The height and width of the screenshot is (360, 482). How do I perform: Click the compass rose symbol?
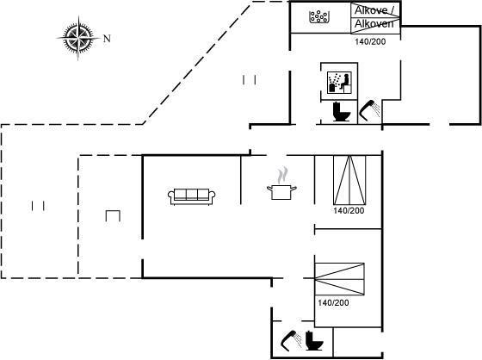tap(78, 38)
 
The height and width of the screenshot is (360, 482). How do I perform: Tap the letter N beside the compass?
tap(107, 39)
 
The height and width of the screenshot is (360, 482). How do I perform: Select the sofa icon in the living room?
tap(191, 196)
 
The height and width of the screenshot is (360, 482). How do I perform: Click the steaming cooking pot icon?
tap(281, 183)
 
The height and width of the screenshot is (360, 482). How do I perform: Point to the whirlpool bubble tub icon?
tap(319, 16)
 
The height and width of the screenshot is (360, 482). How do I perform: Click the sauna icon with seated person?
tap(339, 83)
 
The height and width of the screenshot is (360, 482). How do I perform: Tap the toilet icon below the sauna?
tap(341, 112)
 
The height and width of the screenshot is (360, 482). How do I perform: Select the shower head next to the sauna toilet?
tap(370, 111)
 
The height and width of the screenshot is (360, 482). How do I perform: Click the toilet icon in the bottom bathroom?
tap(314, 340)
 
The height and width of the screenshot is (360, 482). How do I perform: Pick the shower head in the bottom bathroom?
tap(292, 341)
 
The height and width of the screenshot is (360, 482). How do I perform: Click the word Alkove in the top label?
tap(371, 10)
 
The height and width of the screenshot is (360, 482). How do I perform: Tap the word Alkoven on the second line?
tap(374, 24)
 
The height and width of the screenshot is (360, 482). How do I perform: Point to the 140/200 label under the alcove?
tap(370, 41)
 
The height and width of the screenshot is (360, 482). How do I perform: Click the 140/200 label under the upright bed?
tap(349, 211)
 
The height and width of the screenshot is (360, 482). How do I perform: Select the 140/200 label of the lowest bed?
tap(333, 303)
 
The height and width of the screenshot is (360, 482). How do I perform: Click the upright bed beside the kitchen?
tap(349, 180)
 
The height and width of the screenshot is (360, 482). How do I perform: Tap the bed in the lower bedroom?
tap(339, 279)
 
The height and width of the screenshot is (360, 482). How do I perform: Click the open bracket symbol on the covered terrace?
tap(113, 215)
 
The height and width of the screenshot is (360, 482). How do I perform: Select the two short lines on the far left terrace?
tap(38, 206)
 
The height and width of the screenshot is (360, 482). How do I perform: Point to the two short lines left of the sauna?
tap(250, 80)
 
